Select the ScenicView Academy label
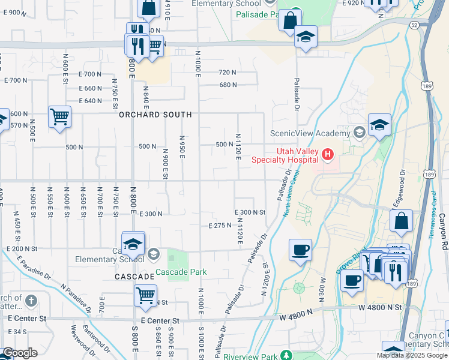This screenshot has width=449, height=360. [x=310, y=133]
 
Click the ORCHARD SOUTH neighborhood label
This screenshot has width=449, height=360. [x=155, y=114]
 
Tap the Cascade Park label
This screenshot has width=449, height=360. [x=181, y=272]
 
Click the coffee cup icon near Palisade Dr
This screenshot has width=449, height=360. [x=300, y=249]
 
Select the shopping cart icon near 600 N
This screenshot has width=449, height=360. [x=60, y=116]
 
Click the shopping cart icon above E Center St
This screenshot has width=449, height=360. [x=146, y=295]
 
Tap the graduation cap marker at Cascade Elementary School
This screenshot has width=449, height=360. [x=133, y=244]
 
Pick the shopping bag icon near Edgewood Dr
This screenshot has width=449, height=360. [x=401, y=221]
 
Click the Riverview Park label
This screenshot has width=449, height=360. [x=248, y=356]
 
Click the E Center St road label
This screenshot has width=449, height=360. [x=160, y=321]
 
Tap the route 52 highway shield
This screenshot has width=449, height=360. [x=415, y=25]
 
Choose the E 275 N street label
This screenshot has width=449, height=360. [x=220, y=226]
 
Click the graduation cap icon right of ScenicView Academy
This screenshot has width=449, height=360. [x=379, y=125]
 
